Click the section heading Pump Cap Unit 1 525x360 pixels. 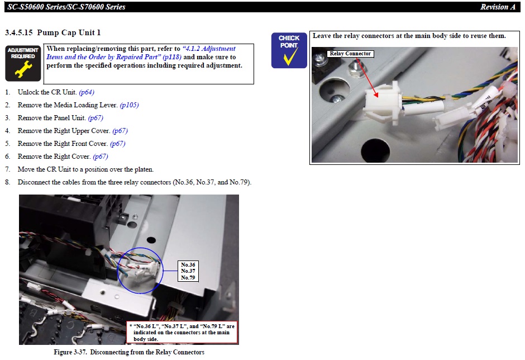(69, 32)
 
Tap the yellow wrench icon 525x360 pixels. (23, 69)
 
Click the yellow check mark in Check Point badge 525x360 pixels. (290, 56)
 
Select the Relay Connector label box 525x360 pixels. (350, 54)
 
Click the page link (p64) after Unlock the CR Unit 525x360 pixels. (87, 92)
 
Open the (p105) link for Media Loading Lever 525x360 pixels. (129, 105)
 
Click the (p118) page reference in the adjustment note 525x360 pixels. (172, 57)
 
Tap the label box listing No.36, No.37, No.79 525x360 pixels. (188, 271)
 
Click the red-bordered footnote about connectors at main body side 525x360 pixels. (183, 333)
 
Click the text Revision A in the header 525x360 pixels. (498, 7)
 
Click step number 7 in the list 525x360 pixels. (7, 169)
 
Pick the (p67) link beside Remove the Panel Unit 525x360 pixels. (96, 118)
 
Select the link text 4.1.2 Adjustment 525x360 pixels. (209, 49)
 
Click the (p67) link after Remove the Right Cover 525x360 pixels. (101, 157)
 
